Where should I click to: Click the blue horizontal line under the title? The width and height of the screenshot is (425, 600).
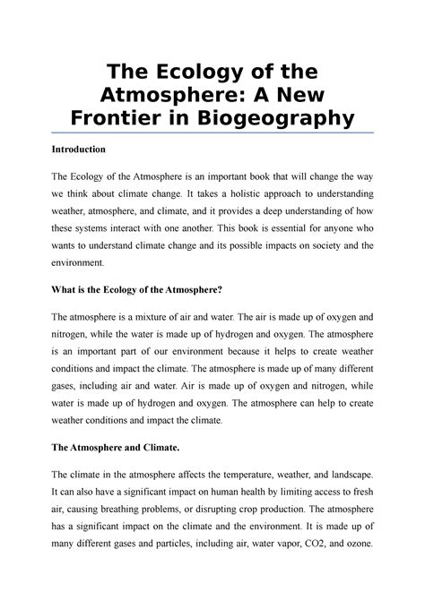(x=212, y=133)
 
